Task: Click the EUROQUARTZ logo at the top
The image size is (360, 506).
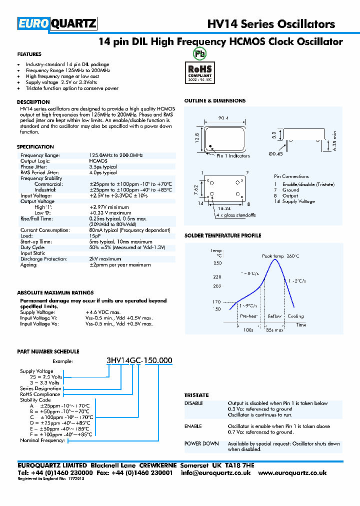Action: pyautogui.click(x=57, y=24)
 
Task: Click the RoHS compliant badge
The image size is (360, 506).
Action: pyautogui.click(x=199, y=71)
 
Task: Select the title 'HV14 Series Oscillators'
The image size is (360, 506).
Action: pyautogui.click(x=271, y=24)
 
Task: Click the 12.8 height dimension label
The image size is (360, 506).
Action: pyautogui.click(x=197, y=138)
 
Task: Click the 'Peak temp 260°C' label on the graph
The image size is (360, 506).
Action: pyautogui.click(x=280, y=256)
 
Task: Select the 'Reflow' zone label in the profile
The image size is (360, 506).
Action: pyautogui.click(x=274, y=316)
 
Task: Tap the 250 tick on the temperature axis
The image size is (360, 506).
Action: pyautogui.click(x=217, y=263)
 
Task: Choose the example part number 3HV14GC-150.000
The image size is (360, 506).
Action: pyautogui.click(x=139, y=360)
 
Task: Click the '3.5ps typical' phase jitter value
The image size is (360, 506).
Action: pyautogui.click(x=103, y=166)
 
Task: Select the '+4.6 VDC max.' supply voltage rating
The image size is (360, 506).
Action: pyautogui.click(x=103, y=311)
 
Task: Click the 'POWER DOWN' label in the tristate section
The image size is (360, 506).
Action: pyautogui.click(x=201, y=443)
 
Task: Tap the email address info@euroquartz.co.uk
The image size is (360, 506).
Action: pyautogui.click(x=216, y=472)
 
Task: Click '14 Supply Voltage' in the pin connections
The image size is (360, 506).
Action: pyautogui.click(x=294, y=201)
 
